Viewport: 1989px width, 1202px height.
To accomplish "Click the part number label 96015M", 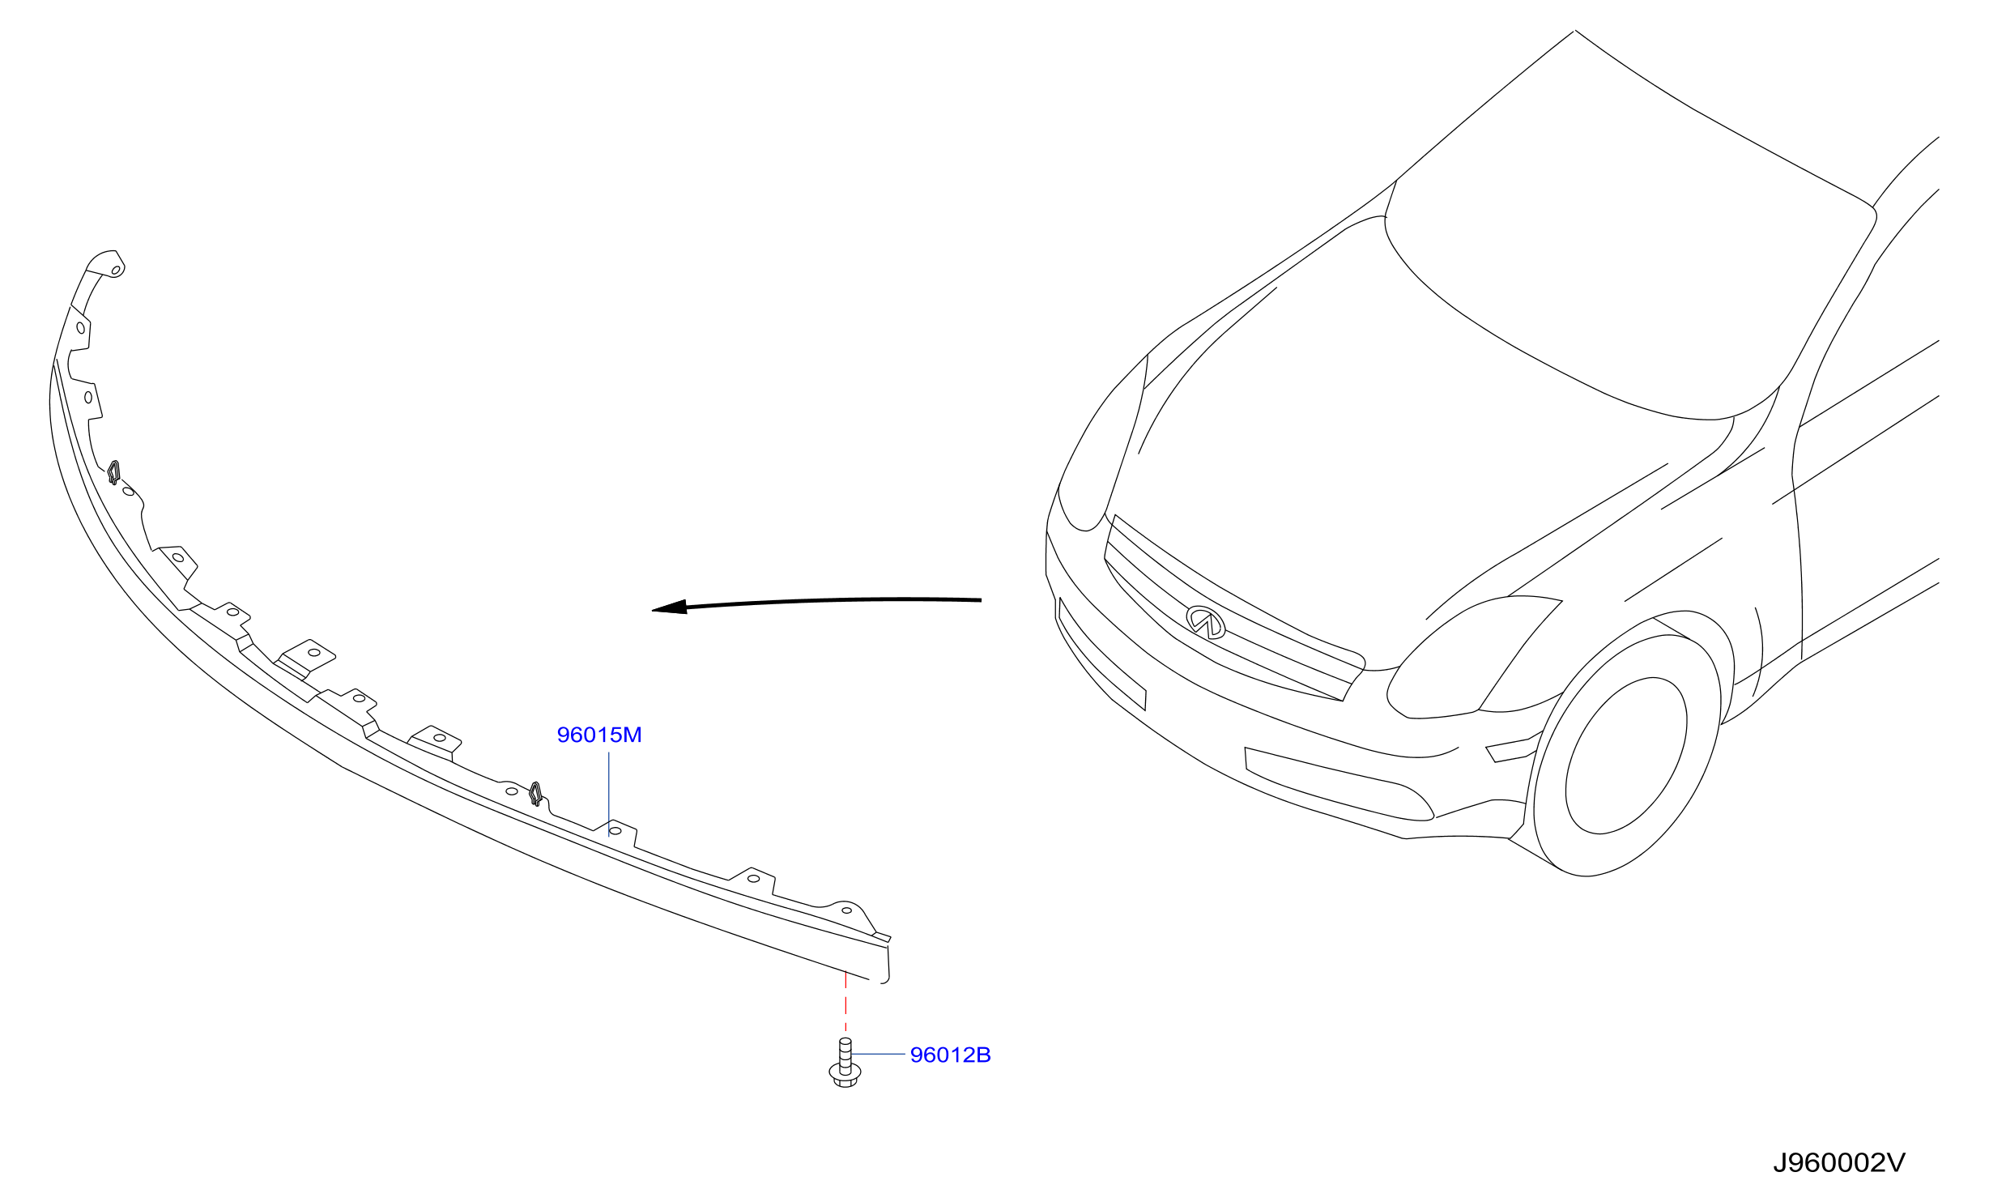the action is tap(599, 735).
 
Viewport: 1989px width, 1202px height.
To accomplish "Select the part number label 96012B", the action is tap(950, 1055).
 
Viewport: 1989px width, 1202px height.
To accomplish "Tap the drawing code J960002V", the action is tap(1839, 1163).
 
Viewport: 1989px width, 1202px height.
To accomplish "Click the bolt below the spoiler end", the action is tap(845, 1063).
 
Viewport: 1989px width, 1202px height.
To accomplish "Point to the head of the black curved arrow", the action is tap(669, 607).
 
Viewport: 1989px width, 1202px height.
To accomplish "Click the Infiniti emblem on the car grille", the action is tap(1206, 621).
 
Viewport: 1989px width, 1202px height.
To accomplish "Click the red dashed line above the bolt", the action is tap(845, 1001).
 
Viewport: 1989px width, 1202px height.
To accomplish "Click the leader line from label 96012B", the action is tap(878, 1054).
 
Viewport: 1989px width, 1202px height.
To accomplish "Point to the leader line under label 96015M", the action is tap(609, 793).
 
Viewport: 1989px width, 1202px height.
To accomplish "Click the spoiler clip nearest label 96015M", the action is tap(535, 793).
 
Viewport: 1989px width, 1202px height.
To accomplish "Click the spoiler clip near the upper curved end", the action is tap(114, 471).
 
